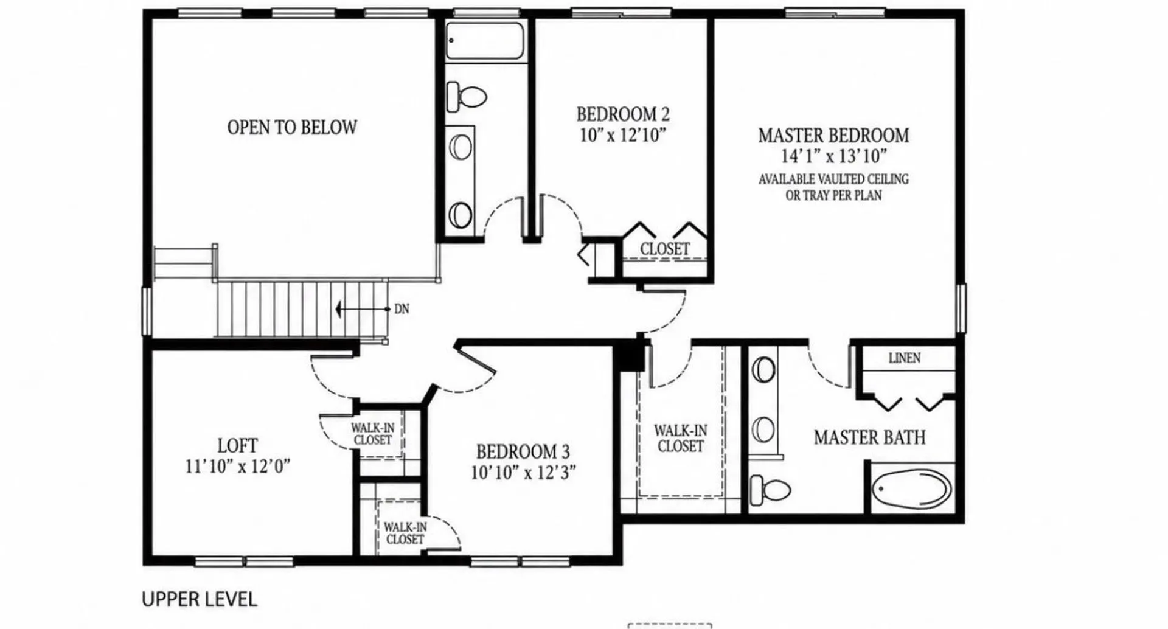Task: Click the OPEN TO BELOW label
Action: point(292,127)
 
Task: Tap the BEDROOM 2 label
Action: point(623,114)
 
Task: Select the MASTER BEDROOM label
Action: point(833,135)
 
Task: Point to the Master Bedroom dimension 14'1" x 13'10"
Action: point(833,156)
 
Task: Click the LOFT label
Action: point(237,445)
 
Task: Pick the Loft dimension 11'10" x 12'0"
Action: point(237,467)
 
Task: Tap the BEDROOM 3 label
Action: point(523,452)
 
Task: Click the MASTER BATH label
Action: point(870,437)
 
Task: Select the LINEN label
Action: point(905,358)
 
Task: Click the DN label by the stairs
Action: point(401,309)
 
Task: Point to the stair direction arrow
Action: point(363,309)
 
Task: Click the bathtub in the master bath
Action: point(911,489)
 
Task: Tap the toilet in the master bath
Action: point(770,489)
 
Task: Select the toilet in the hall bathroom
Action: point(467,96)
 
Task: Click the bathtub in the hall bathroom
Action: point(484,41)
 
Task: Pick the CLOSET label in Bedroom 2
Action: point(665,249)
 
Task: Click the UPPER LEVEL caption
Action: point(200,599)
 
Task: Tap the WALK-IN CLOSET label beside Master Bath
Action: point(681,438)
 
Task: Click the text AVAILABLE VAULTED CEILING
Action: point(833,179)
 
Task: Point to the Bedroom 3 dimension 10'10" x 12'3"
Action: point(523,473)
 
